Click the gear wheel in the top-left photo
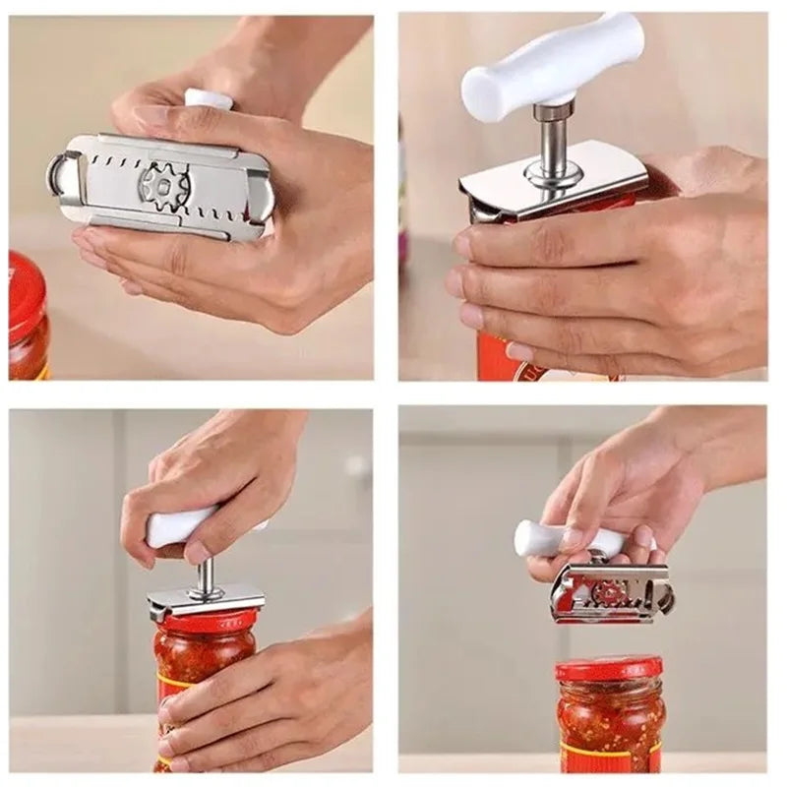click(162, 184)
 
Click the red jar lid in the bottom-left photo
click(206, 621)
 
